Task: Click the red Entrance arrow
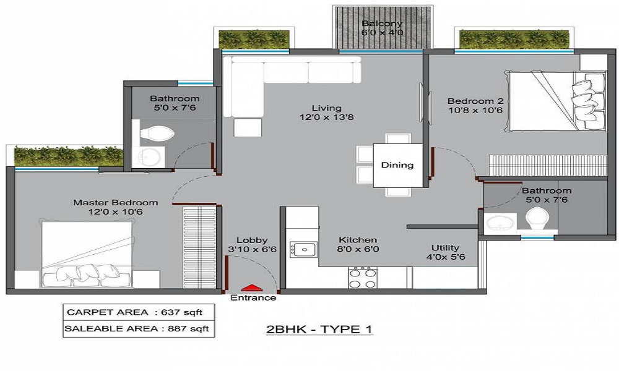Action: click(x=251, y=288)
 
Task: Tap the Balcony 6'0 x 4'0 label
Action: click(x=382, y=28)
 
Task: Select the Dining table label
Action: click(x=397, y=165)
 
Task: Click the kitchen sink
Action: click(x=303, y=249)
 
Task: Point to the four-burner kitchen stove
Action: click(x=363, y=278)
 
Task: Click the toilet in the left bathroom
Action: click(x=157, y=134)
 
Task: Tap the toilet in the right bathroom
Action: click(x=537, y=219)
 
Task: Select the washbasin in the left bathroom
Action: click(x=148, y=157)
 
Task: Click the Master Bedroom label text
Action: click(x=115, y=203)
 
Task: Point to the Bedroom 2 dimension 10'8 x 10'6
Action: click(x=475, y=111)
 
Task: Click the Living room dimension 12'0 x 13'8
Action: click(x=326, y=117)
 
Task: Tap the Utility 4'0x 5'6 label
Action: click(x=445, y=252)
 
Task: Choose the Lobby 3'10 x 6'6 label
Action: click(x=253, y=245)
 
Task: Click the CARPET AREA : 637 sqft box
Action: click(x=139, y=312)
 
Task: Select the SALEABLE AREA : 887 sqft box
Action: click(x=139, y=329)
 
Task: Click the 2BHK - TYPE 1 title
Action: click(x=319, y=329)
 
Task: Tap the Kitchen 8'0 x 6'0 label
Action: click(x=358, y=244)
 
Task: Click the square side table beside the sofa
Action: click(x=248, y=128)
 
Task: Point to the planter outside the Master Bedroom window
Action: click(x=69, y=156)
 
